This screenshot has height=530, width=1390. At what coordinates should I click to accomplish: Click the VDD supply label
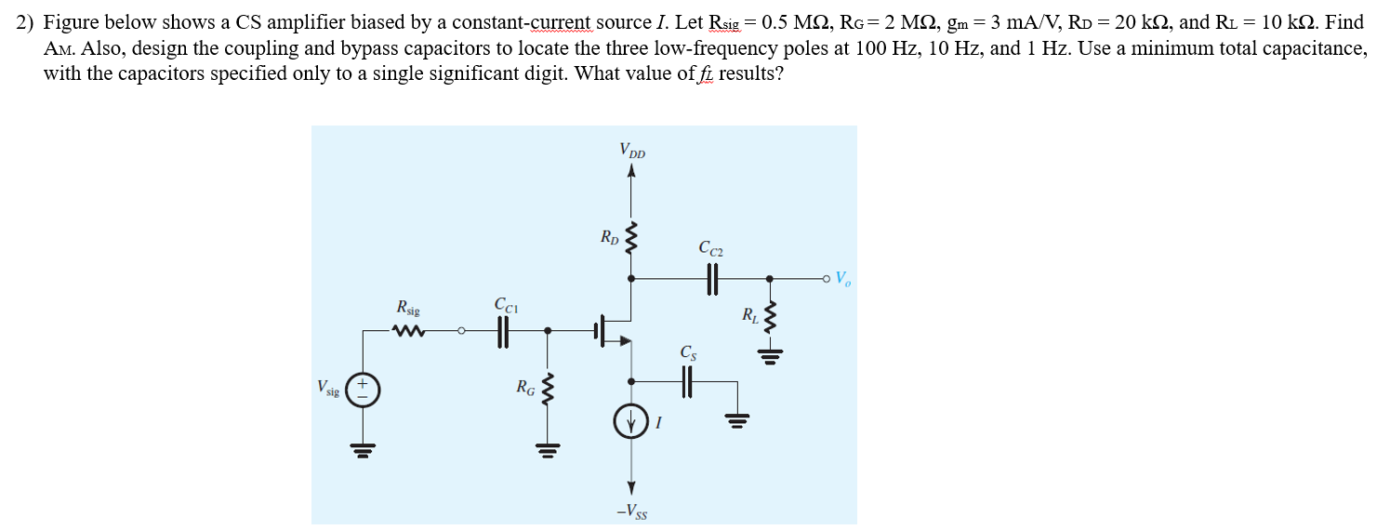[x=631, y=150]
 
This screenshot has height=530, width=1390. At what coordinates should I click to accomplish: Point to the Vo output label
[x=842, y=278]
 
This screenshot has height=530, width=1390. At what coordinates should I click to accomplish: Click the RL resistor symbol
[x=769, y=318]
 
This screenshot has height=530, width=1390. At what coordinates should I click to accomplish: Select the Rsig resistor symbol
[x=408, y=330]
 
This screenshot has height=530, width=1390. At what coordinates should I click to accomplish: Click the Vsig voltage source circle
[x=363, y=390]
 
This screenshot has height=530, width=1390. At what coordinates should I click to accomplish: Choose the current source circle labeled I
[x=631, y=423]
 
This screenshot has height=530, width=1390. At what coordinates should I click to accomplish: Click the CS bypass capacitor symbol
[x=689, y=380]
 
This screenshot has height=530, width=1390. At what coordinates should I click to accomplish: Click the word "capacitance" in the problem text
[x=1317, y=48]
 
